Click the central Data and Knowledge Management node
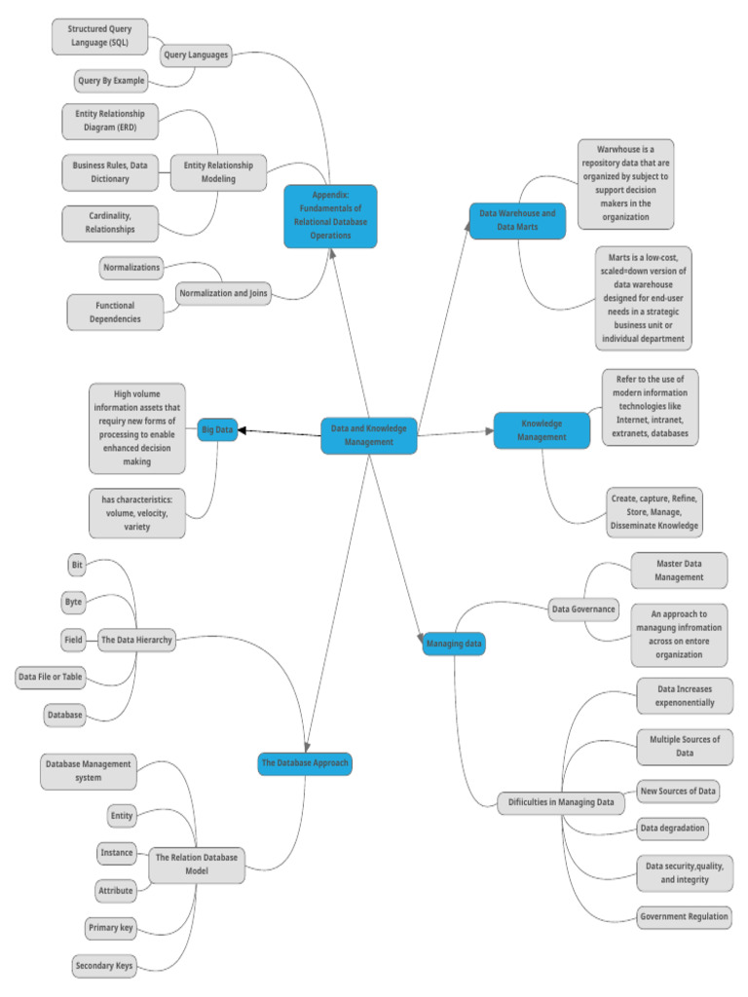369,434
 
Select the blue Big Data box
217,429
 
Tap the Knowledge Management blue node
542,430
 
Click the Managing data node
454,644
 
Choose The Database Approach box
304,763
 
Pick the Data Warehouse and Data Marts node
517,220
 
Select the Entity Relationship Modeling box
217,172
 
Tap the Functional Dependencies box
115,312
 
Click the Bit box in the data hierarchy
77,565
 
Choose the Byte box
73,602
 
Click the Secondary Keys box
103,965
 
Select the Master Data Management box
678,570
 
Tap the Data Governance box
583,609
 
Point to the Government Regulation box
683,916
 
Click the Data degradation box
672,829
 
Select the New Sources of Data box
678,791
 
